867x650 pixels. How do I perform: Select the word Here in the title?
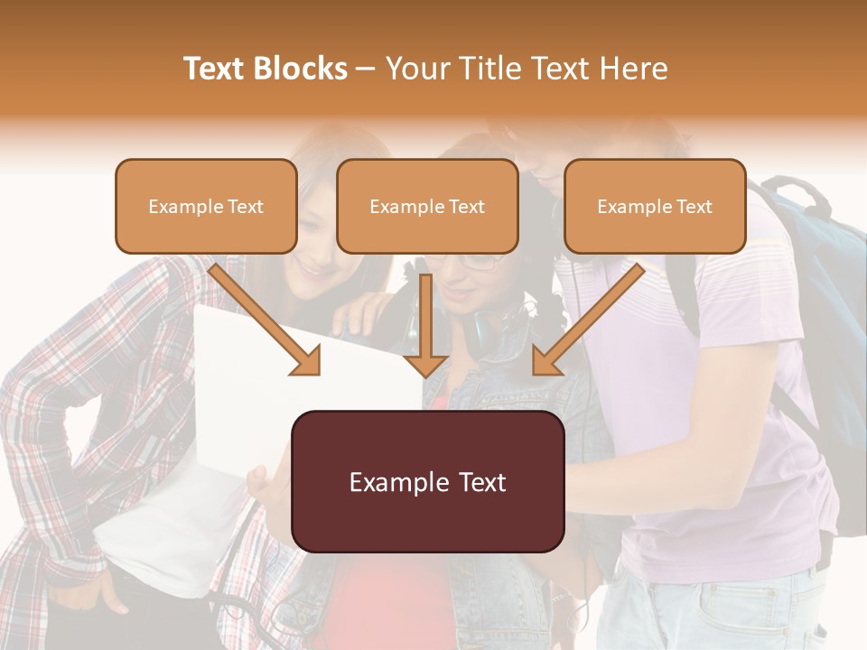coord(631,69)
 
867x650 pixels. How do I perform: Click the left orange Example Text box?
coord(206,207)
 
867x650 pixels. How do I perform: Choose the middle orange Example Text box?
coord(427,207)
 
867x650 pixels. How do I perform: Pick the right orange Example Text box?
coord(655,207)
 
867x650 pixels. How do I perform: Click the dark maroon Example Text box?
coord(427,482)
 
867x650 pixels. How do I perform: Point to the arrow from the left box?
coord(262,316)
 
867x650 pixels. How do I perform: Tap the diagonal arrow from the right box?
coord(592,316)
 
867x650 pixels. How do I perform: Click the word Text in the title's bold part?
coord(215,69)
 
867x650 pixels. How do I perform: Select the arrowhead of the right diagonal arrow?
coord(545,363)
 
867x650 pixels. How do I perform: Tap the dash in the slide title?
coord(366,69)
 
